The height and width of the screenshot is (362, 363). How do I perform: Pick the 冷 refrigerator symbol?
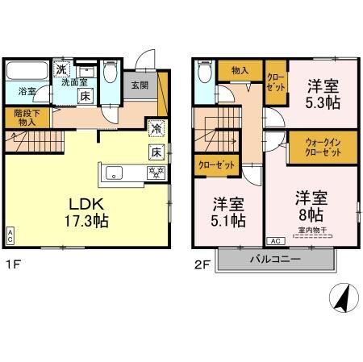156,128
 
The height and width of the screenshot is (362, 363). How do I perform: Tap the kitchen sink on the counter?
113,173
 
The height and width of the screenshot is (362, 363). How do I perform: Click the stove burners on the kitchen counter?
152,173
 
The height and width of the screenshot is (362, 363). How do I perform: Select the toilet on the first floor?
111,75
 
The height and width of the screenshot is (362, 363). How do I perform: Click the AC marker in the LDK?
10,236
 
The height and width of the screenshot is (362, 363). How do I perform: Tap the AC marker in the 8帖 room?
273,241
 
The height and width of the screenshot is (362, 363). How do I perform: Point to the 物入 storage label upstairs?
240,72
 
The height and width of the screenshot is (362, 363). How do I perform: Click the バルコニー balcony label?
275,260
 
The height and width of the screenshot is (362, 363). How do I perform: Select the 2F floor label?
201,264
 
